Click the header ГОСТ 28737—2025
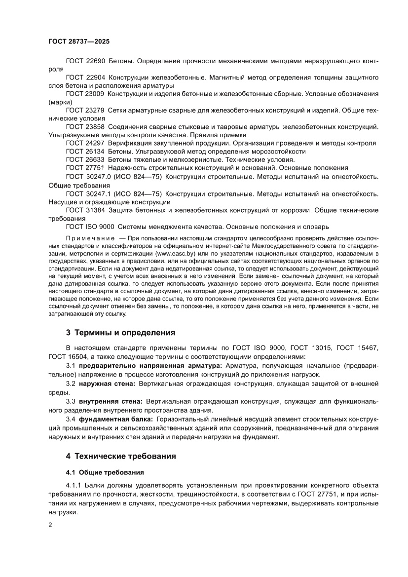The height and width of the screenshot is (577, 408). point(79,41)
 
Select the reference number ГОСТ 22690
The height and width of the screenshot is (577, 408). point(85,61)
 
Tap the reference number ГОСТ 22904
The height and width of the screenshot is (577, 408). point(85,77)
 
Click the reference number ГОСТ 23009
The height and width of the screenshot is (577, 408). point(85,94)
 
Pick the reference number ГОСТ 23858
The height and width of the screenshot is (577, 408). point(85,127)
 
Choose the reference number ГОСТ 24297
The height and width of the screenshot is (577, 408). point(85,143)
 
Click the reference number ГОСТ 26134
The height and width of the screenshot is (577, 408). point(85,152)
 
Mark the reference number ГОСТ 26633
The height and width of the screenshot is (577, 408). point(85,159)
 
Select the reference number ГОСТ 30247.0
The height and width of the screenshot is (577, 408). point(88,176)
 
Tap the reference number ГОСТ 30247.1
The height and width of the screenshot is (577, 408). point(88,193)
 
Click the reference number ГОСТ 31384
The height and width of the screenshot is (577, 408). point(85,210)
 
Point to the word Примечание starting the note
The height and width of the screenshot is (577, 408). point(88,238)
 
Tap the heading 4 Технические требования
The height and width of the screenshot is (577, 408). point(121,456)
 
